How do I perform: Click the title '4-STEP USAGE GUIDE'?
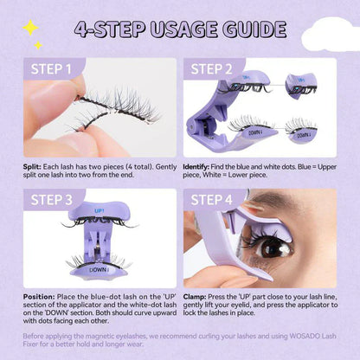pos(179,30)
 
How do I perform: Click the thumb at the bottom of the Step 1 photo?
pos(52,138)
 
